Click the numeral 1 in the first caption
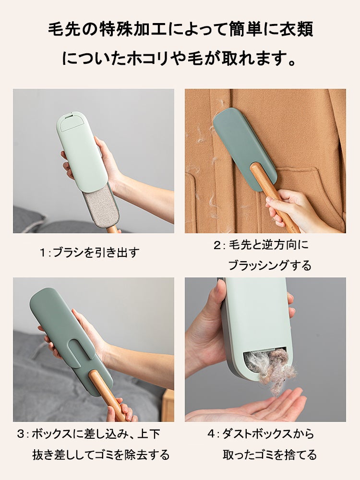pos(43,252)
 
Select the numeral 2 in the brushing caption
pos(217,245)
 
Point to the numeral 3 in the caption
pos(21,434)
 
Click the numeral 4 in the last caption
pos(211,434)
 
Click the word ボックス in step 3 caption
pos(52,434)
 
